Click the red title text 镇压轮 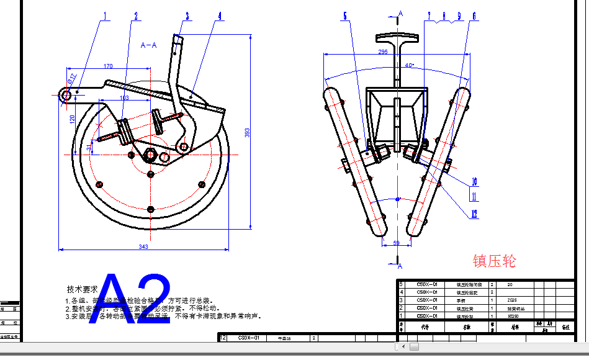[494, 261]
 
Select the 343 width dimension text [143, 247]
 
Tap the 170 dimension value [108, 66]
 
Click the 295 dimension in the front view [383, 52]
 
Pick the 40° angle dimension [408, 65]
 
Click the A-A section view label [149, 45]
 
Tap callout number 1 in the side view [105, 16]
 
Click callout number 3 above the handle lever [186, 16]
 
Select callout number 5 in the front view [345, 17]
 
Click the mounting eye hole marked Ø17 [65, 95]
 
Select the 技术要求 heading [83, 289]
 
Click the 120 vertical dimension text [72, 118]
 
